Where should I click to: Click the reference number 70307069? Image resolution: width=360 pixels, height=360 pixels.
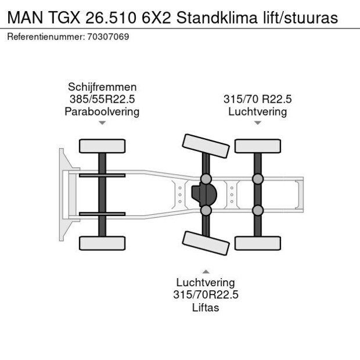pyautogui.click(x=109, y=37)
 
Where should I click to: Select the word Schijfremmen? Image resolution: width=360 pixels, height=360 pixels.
pyautogui.click(x=102, y=87)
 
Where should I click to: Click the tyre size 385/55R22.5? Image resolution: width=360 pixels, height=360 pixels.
pyautogui.click(x=102, y=99)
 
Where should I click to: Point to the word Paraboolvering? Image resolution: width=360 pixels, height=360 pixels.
pyautogui.click(x=102, y=111)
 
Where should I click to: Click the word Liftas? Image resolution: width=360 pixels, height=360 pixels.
pyautogui.click(x=206, y=307)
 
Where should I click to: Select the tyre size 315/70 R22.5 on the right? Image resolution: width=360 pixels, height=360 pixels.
pyautogui.click(x=258, y=99)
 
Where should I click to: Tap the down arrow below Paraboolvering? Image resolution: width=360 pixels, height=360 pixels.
pyautogui.click(x=102, y=123)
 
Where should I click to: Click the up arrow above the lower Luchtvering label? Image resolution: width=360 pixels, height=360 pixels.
pyautogui.click(x=206, y=271)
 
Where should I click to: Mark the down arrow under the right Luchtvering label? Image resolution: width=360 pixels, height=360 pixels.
pyautogui.click(x=258, y=123)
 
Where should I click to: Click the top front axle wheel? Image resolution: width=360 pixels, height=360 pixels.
pyautogui.click(x=102, y=146)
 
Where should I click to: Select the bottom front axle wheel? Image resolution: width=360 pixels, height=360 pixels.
pyautogui.click(x=102, y=243)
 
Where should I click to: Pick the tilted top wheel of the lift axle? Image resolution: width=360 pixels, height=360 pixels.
pyautogui.click(x=205, y=145)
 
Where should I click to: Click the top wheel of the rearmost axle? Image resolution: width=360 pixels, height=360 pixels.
pyautogui.click(x=258, y=146)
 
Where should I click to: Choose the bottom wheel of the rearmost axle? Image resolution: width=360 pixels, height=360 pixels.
pyautogui.click(x=258, y=243)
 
